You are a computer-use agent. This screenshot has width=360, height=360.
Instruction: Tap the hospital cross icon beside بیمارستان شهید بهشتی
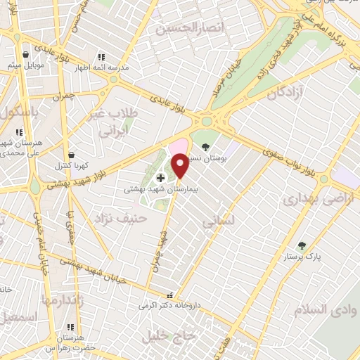pos(160,179)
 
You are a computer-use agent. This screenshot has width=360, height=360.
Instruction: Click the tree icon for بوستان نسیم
pos(205,148)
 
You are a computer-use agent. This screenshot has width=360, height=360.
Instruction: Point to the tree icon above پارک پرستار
pos(302,245)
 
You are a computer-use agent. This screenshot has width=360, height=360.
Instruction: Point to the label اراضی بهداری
pos(316,199)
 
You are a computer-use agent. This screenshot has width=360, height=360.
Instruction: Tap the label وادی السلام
pos(321,309)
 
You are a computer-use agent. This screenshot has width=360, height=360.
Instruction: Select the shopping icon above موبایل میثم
pos(26,54)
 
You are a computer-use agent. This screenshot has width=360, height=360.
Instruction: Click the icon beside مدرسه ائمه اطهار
pos(101,57)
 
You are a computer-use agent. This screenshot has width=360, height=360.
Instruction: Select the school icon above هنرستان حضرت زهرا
pos(70,328)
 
